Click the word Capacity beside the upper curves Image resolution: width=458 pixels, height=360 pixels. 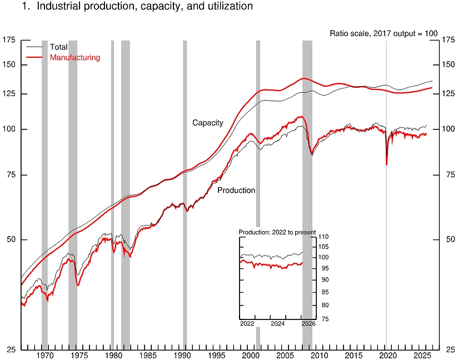[x=208, y=123]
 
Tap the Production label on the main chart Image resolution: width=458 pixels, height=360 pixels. [x=236, y=190]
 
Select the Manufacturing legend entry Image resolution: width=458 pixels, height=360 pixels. [x=74, y=57]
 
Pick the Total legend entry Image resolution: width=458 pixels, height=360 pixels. [x=58, y=47]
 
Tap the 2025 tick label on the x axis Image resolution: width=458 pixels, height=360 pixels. [x=421, y=354]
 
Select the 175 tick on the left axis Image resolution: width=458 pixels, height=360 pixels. [x=9, y=39]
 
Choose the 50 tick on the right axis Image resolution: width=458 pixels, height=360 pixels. [x=447, y=239]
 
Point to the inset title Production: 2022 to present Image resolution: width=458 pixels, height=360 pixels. [x=277, y=232]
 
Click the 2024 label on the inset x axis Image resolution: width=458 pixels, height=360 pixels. [x=277, y=324]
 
